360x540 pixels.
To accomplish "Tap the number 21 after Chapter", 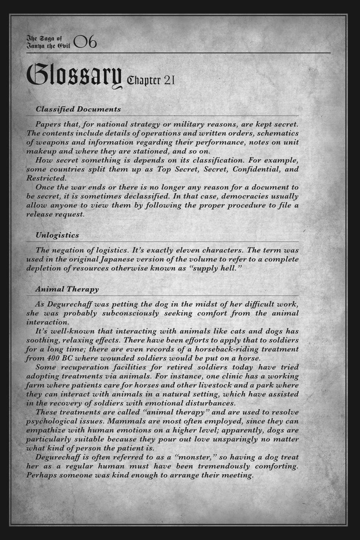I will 169,80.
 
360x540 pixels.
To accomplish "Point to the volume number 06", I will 85,42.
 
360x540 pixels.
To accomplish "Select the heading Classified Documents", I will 78,109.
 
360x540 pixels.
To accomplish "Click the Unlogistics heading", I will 57,235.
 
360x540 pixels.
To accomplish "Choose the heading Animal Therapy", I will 67,289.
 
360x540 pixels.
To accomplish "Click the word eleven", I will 182,250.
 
